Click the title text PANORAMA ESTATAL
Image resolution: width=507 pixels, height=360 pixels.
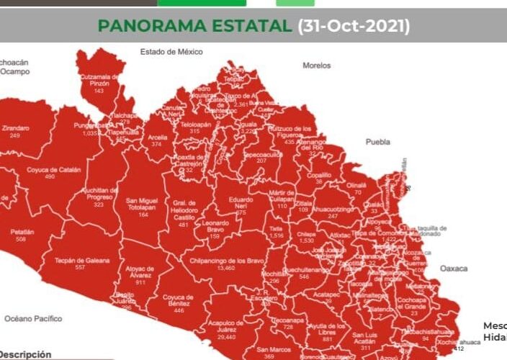pos(195,26)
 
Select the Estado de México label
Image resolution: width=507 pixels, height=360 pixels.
pos(171,52)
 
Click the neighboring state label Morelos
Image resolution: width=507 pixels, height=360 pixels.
pos(316,65)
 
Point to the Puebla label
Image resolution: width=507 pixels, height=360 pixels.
pos(378,142)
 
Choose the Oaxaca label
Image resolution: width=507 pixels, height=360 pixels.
pos(454,269)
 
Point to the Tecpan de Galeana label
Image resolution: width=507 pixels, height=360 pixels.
pos(81,259)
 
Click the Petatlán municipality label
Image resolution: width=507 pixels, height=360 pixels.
pos(23,233)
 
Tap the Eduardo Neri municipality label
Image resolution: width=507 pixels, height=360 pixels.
pos(241,204)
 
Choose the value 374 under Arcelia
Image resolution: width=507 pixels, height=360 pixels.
pos(156,144)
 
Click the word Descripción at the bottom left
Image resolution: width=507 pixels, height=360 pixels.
pos(26,354)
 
